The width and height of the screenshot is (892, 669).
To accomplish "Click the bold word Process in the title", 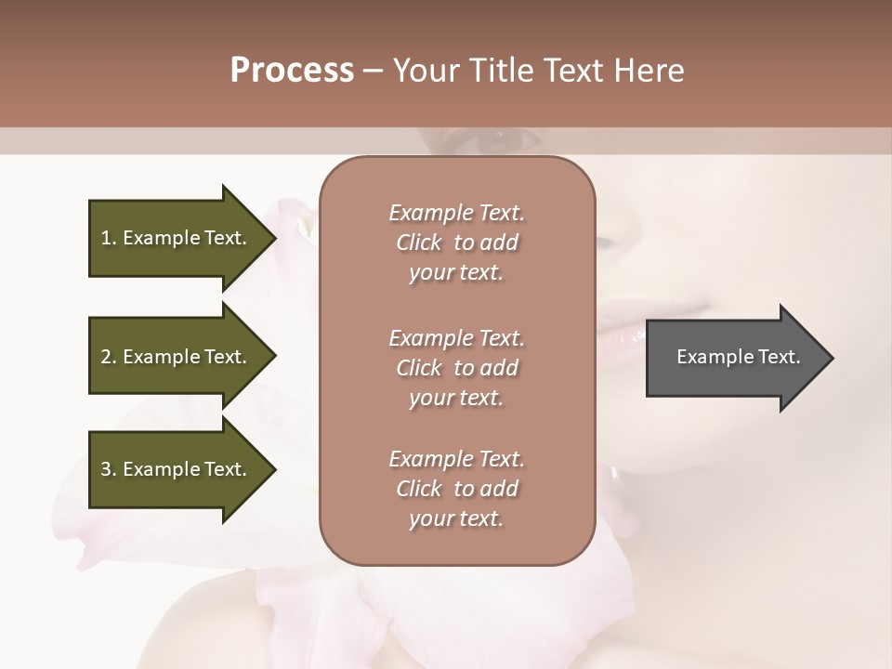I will (x=292, y=71).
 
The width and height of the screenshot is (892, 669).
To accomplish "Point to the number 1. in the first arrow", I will (x=109, y=238).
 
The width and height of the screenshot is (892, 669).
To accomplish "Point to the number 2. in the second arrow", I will (x=109, y=357).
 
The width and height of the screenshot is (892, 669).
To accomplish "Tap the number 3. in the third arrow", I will (x=109, y=469).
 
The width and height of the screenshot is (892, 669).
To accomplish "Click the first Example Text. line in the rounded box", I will (x=456, y=213).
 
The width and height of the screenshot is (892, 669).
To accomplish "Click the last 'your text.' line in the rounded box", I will (x=456, y=518).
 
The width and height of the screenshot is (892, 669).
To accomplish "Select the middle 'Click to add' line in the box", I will (x=456, y=368).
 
